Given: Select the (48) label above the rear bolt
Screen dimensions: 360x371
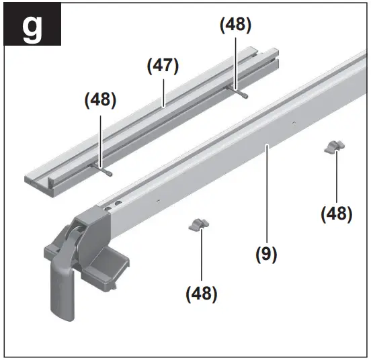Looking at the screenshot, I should click(236, 26).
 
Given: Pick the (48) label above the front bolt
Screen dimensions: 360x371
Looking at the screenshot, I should click(100, 99).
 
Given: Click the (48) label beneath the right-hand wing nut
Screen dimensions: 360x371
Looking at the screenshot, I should click(336, 214).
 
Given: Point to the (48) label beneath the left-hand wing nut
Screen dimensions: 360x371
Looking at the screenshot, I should click(202, 293).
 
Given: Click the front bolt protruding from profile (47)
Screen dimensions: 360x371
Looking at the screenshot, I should click(104, 171).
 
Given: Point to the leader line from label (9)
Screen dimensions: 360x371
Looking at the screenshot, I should click(266, 195).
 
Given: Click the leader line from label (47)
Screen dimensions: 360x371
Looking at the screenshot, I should click(163, 91).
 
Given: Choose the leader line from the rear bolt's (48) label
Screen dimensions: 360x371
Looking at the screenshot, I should click(235, 60).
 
